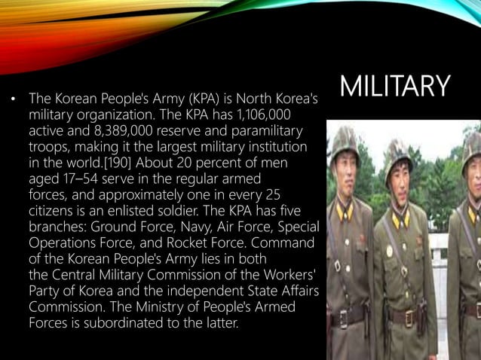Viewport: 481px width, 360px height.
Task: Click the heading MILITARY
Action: pyautogui.click(x=394, y=87)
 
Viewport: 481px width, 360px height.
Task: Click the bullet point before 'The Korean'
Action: pyautogui.click(x=11, y=99)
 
